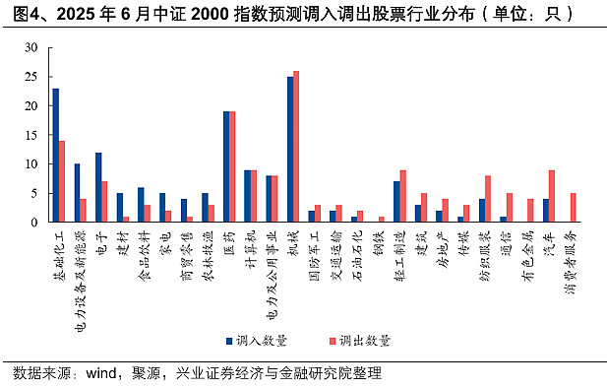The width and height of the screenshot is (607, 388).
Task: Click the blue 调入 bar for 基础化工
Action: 55,155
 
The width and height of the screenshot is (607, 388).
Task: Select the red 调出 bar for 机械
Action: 296,146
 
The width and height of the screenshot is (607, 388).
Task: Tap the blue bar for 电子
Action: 98,186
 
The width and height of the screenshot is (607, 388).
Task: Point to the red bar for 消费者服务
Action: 574,207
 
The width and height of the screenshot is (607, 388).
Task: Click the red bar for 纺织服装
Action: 488,198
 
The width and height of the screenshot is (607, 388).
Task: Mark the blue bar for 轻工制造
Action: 396,201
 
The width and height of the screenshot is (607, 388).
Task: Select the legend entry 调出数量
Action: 363,340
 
